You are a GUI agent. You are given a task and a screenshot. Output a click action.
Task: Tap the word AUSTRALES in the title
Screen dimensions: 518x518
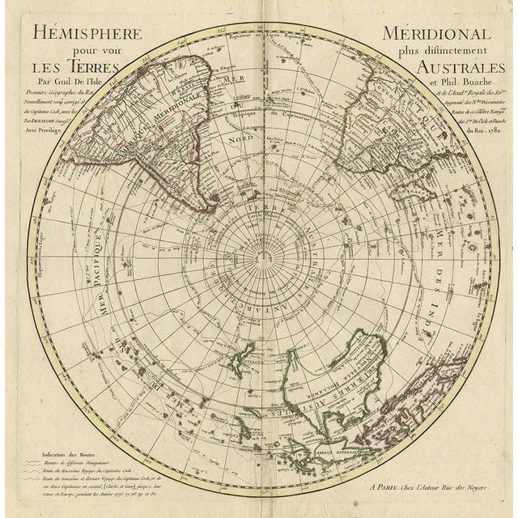[x=453, y=69]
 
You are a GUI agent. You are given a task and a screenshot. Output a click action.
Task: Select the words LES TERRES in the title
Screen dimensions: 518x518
[x=70, y=70]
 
